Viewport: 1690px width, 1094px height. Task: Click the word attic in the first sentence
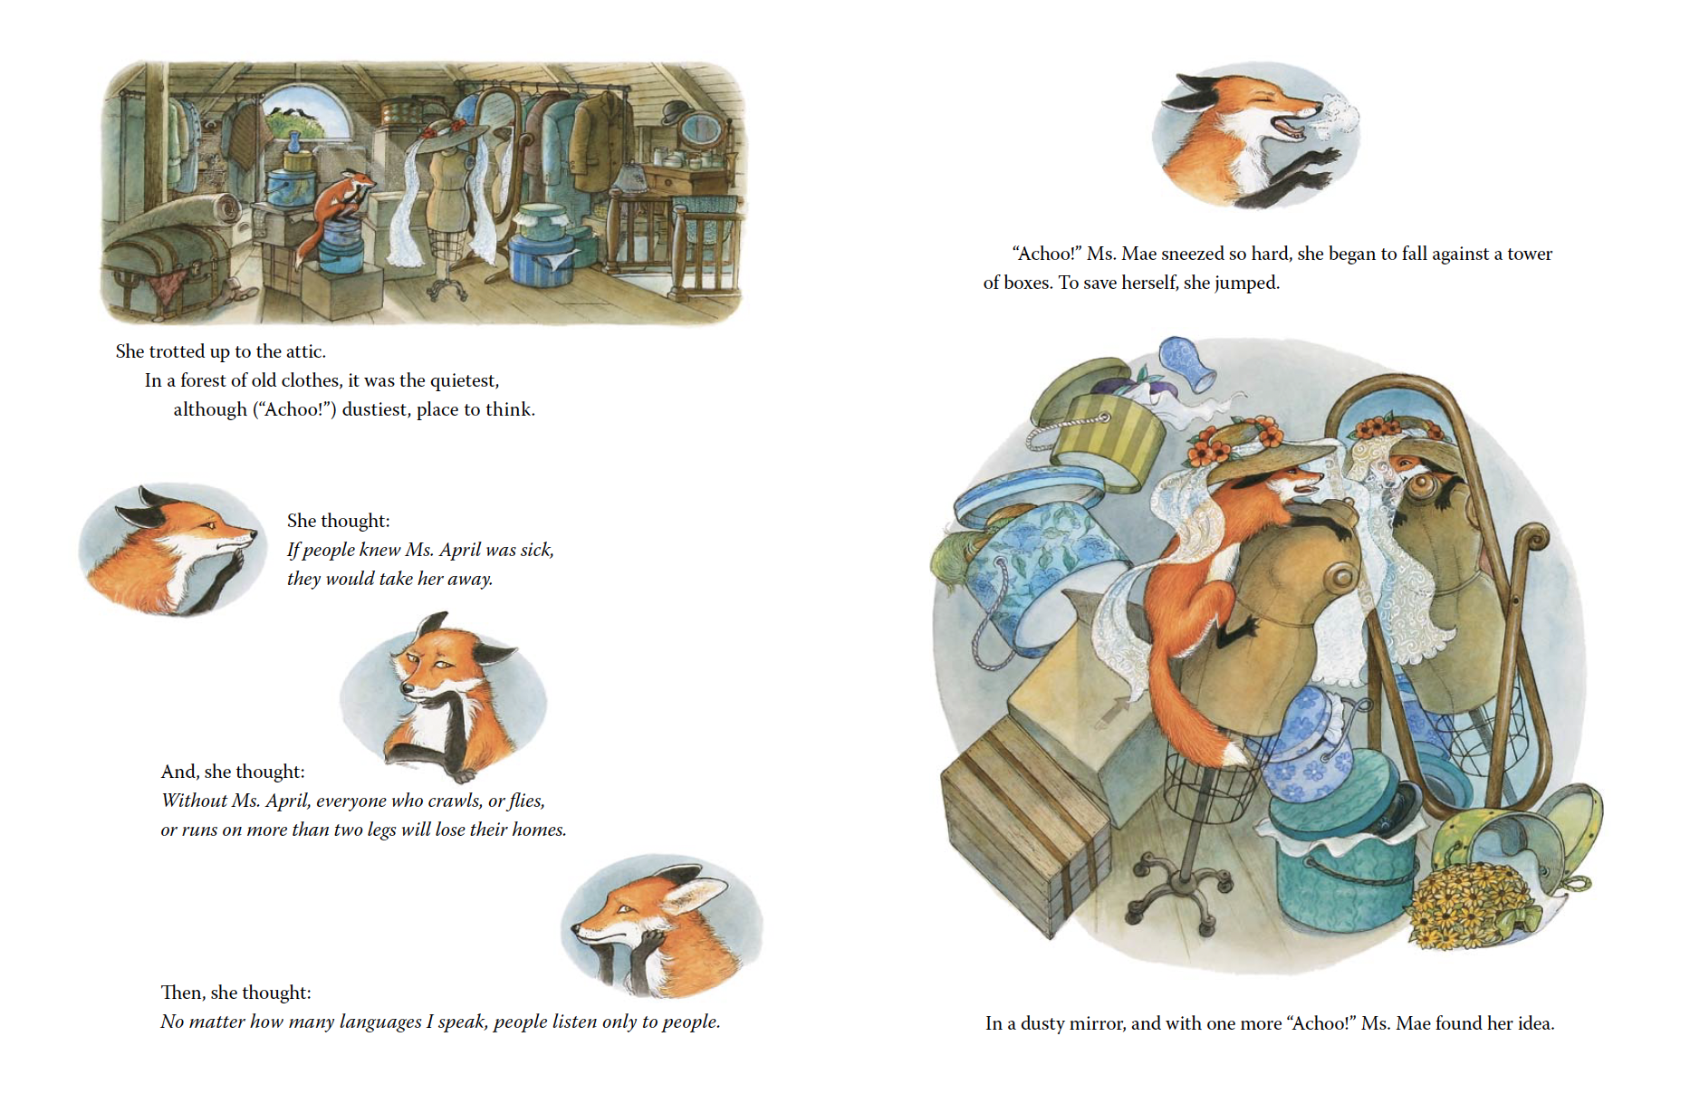click(x=302, y=351)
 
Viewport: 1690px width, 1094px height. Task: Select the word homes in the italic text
click(x=538, y=830)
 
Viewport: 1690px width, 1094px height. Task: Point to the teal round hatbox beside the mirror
click(x=1340, y=860)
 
